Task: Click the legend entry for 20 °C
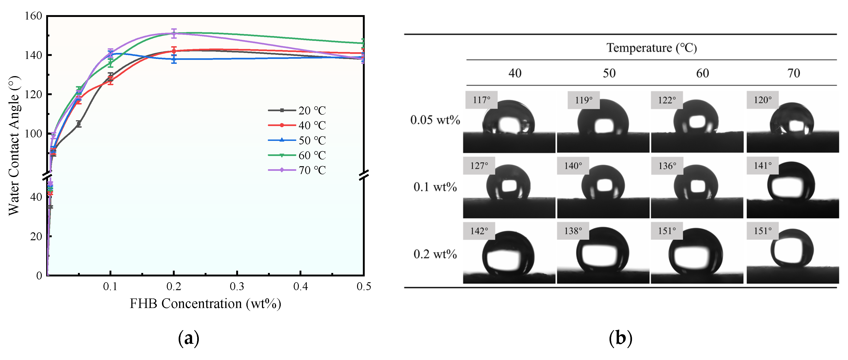pyautogui.click(x=297, y=110)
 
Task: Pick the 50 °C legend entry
pyautogui.click(x=297, y=140)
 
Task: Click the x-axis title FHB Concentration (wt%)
pyautogui.click(x=205, y=304)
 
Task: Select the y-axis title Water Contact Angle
pyautogui.click(x=14, y=146)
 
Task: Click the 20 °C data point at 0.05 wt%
pyautogui.click(x=79, y=124)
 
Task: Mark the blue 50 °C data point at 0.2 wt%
pyautogui.click(x=174, y=59)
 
